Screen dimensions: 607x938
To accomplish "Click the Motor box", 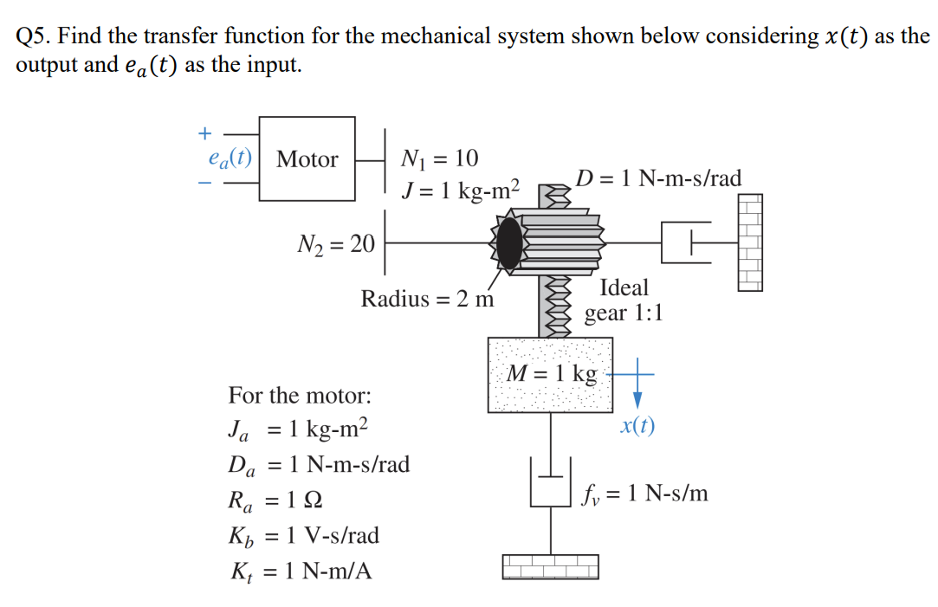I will tap(307, 159).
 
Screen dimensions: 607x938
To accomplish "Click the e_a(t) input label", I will tap(230, 158).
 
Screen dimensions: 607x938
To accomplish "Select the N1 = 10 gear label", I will tap(440, 158).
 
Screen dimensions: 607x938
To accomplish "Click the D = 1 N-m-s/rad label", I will tap(659, 178).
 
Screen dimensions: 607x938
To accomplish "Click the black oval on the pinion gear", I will tap(511, 243).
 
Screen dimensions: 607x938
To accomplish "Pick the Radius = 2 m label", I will tap(427, 300).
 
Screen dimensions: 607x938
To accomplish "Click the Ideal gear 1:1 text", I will tap(624, 299).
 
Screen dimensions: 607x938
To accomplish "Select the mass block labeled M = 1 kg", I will tap(551, 374).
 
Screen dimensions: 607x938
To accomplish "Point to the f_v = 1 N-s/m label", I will tap(645, 494).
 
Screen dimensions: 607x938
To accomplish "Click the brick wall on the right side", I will tap(750, 242).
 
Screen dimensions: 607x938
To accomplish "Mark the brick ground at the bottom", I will tap(551, 566).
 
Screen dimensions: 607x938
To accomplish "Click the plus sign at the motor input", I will tap(204, 133).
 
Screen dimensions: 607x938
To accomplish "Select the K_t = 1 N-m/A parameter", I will tap(300, 571).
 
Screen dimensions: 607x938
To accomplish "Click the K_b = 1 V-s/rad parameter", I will tap(303, 535).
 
